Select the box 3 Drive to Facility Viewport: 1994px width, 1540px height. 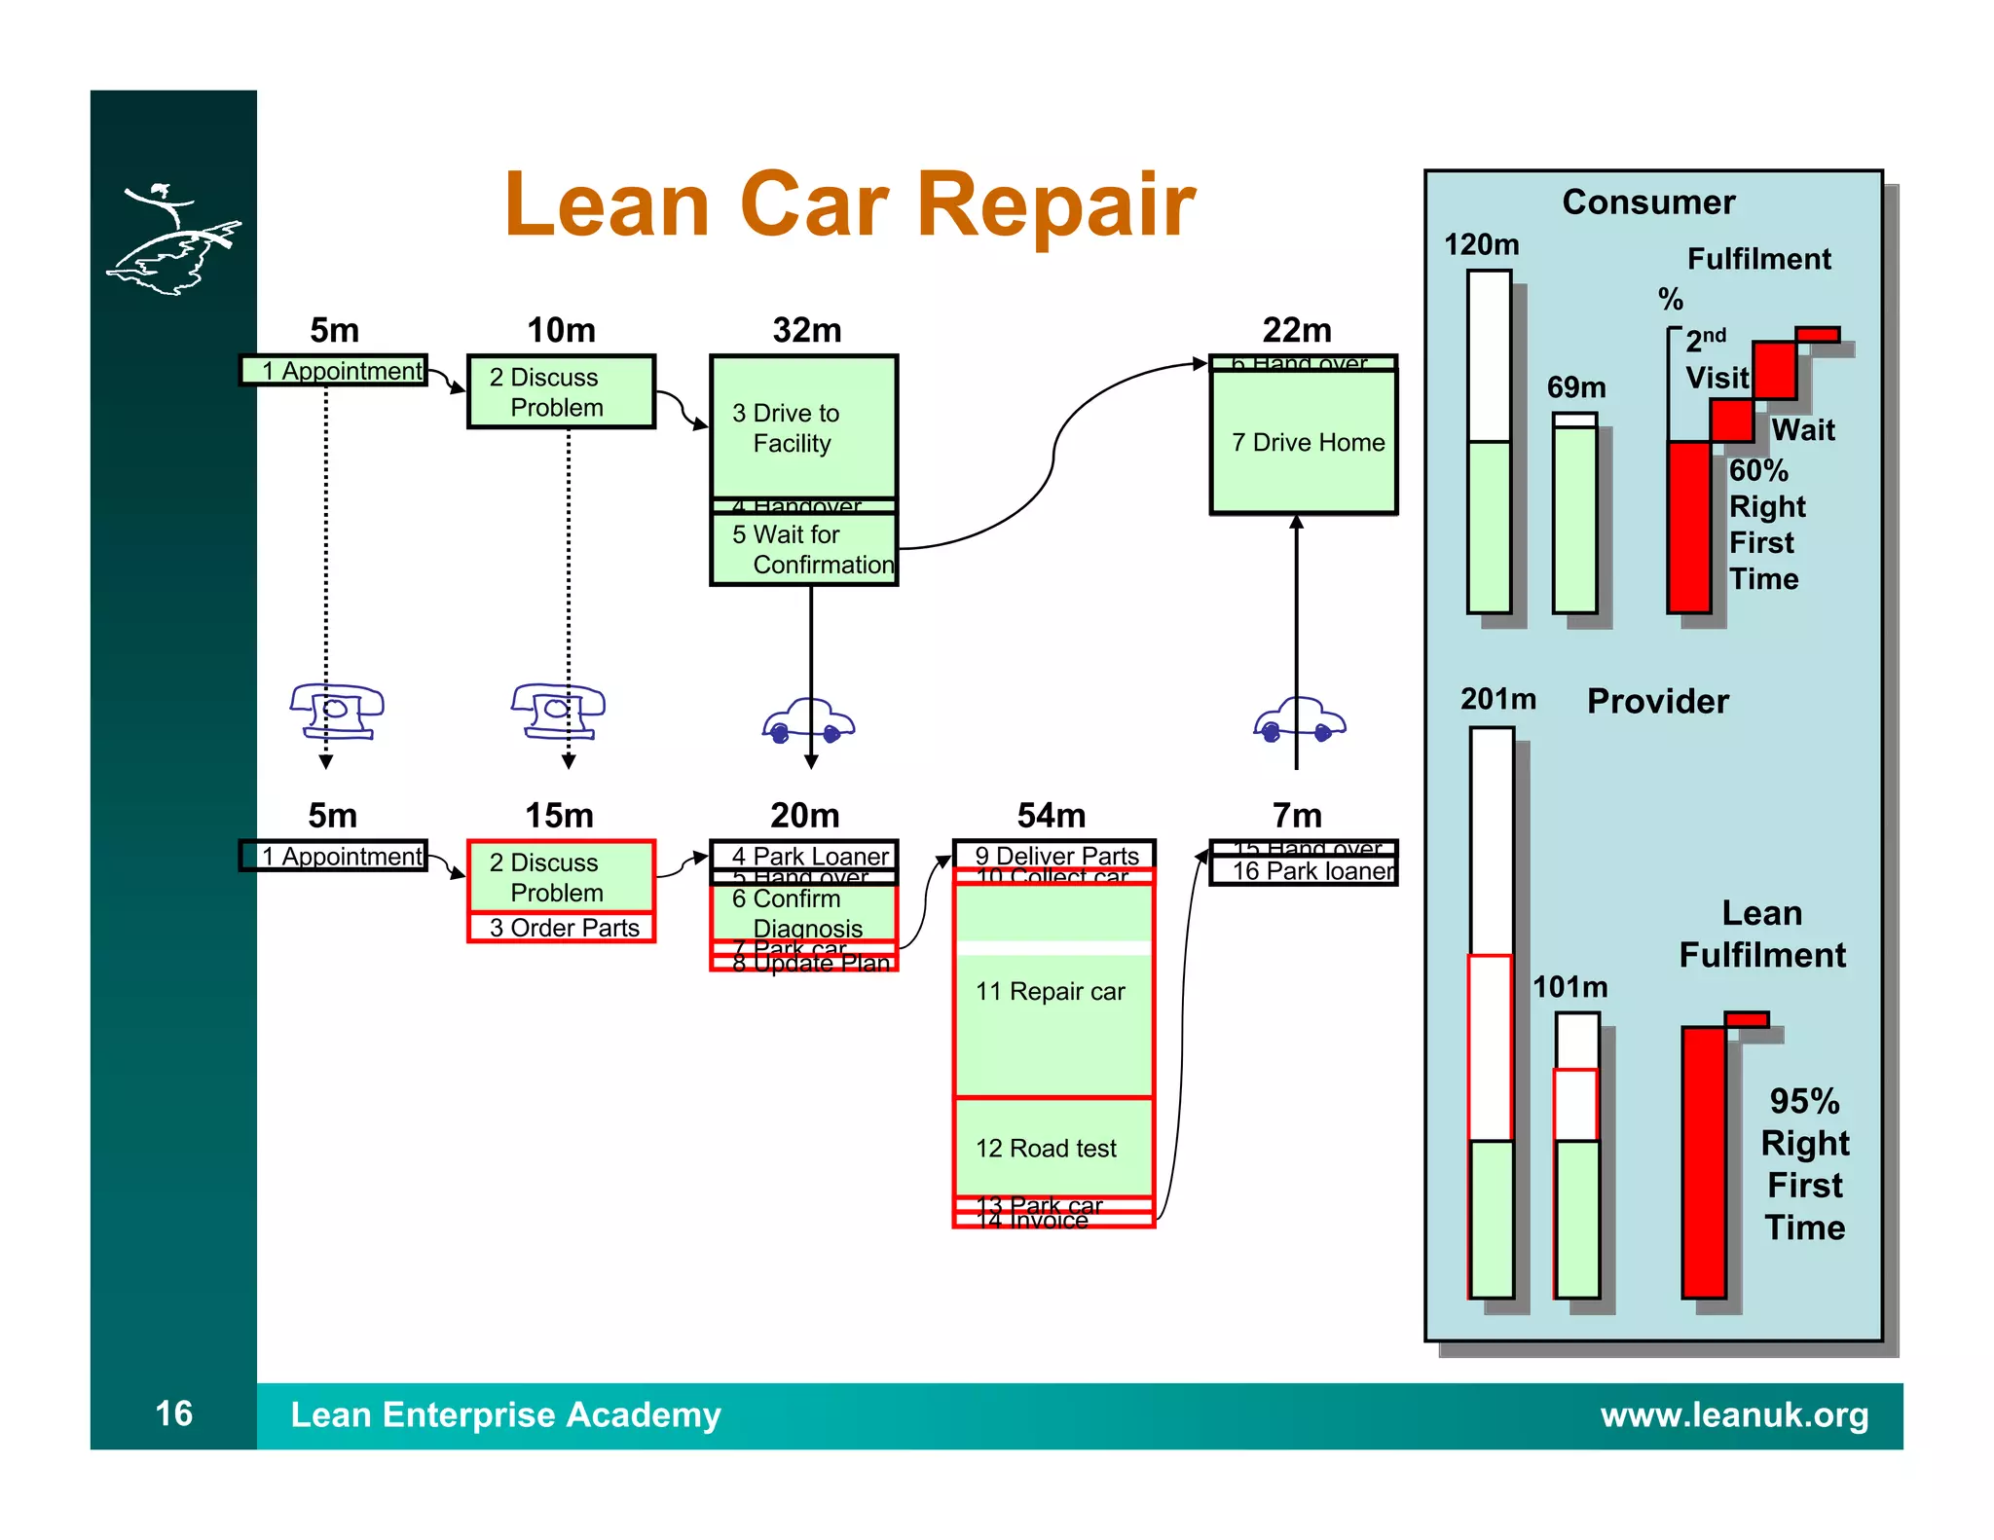pyautogui.click(x=803, y=427)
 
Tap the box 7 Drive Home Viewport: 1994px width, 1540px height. pyautogui.click(x=1303, y=443)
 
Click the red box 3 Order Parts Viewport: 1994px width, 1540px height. pyautogui.click(x=562, y=928)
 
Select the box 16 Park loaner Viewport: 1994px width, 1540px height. pyautogui.click(x=1304, y=871)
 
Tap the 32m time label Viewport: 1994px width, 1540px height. pyautogui.click(x=806, y=330)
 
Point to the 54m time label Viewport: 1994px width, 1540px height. pyautogui.click(x=1052, y=815)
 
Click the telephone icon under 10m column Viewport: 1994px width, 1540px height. pyautogui.click(x=558, y=712)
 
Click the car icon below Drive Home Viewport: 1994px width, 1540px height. pyautogui.click(x=1299, y=722)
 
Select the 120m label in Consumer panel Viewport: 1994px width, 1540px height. pyautogui.click(x=1481, y=244)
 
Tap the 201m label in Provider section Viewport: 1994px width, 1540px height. pyautogui.click(x=1497, y=699)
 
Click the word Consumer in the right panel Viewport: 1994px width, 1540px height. pyautogui.click(x=1648, y=202)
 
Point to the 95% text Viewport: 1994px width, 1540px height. pyautogui.click(x=1804, y=1102)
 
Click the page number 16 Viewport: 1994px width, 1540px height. pyautogui.click(x=173, y=1413)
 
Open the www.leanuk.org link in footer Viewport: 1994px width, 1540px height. pyautogui.click(x=1734, y=1414)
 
